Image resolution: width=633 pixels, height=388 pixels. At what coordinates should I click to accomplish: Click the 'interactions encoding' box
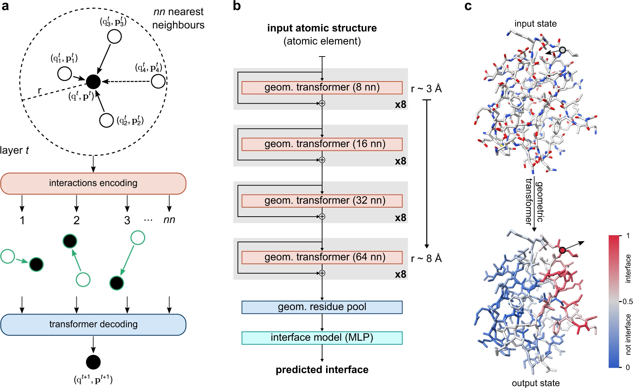tap(93, 183)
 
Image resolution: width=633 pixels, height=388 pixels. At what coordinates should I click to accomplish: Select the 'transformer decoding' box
tap(93, 324)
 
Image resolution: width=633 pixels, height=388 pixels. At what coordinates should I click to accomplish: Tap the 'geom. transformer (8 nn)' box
tap(322, 88)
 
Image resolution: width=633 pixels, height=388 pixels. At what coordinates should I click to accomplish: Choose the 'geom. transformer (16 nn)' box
tap(322, 144)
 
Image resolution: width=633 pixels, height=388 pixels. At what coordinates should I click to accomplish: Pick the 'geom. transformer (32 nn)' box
tap(322, 201)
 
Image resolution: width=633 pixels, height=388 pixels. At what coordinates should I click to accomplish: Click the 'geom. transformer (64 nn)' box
tap(322, 257)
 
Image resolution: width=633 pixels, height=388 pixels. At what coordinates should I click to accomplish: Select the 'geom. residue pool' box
tap(322, 307)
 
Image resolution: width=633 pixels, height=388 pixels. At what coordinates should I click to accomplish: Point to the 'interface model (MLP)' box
tap(322, 338)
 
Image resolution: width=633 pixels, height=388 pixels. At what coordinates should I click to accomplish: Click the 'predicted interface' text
tap(322, 370)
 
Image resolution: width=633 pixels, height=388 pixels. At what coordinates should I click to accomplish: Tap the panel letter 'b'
tap(237, 6)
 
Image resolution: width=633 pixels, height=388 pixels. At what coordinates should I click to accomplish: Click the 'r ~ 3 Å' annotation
tap(426, 89)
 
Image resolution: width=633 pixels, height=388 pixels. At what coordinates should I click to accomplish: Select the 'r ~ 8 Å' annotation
tap(426, 258)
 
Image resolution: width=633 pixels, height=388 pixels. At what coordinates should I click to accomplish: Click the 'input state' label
tap(536, 24)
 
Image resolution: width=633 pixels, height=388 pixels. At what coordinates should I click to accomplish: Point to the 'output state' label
tap(536, 383)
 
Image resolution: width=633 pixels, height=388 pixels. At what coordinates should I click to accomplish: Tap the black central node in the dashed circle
tap(93, 82)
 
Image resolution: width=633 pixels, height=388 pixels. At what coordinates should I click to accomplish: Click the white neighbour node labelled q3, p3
tap(114, 37)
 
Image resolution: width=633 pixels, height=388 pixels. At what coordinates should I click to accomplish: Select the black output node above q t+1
tap(93, 362)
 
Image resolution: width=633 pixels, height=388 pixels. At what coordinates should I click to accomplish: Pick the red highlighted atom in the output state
tap(562, 250)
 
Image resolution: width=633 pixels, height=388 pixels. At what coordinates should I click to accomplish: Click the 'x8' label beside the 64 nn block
tap(401, 274)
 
